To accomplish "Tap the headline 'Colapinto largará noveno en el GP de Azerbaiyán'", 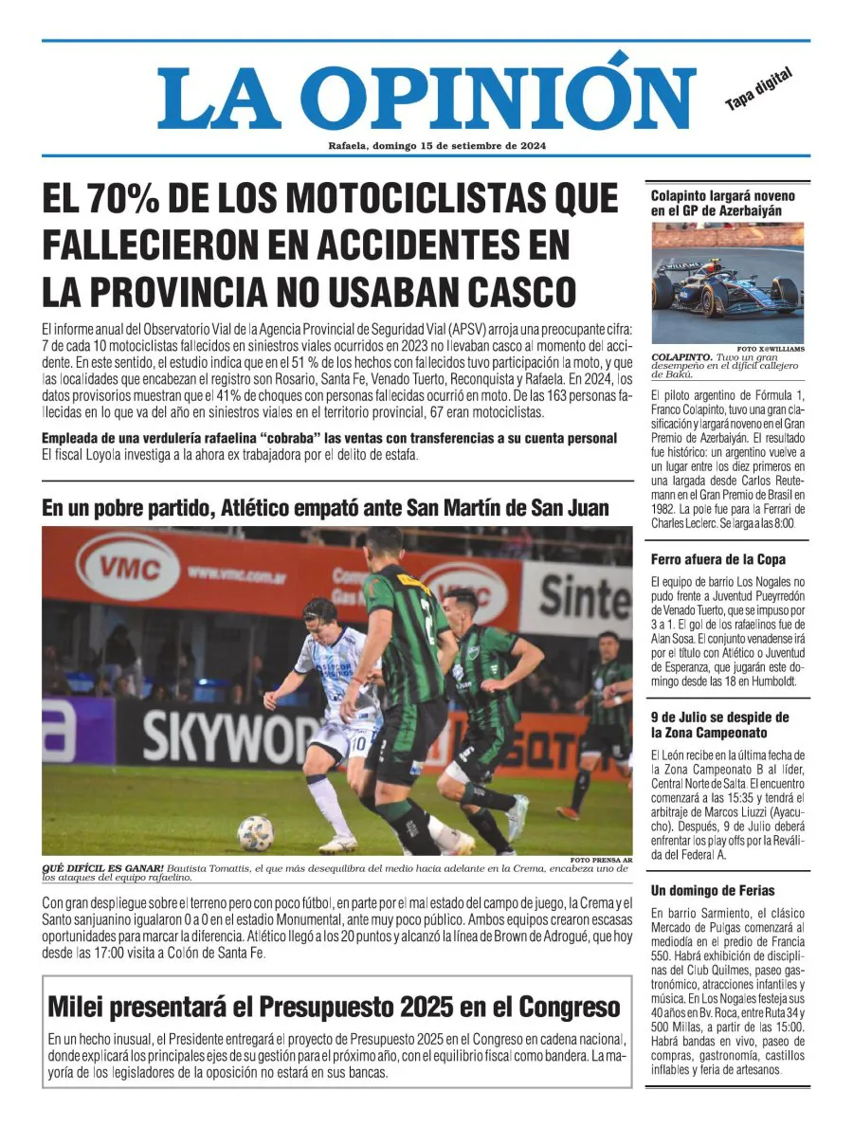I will point(722,203).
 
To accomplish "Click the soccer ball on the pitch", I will point(255,832).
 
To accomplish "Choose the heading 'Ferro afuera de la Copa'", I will point(717,559).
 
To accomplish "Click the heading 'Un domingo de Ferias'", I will point(712,890).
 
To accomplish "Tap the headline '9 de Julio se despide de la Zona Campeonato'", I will point(719,725).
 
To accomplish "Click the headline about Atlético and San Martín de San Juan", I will point(325,507).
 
